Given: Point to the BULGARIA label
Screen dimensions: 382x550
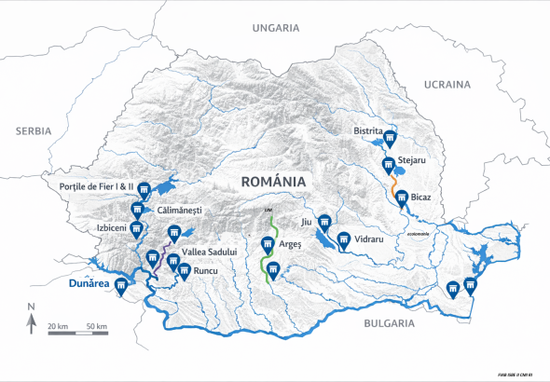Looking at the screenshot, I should [382, 323].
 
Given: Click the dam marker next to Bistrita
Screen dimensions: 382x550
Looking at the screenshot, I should [390, 139].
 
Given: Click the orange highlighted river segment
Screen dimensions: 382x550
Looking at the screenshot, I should [394, 191].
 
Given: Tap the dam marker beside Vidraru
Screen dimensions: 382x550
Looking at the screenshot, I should [343, 239].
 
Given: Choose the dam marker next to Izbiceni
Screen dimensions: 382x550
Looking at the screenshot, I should [136, 228].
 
